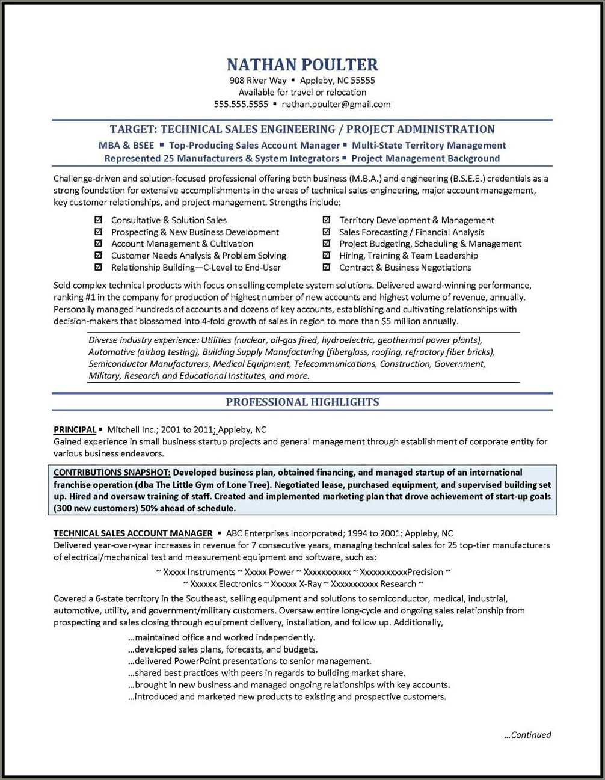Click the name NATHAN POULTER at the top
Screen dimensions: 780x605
(302, 64)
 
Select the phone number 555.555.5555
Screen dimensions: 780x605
(241, 104)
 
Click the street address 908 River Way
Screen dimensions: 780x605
(257, 81)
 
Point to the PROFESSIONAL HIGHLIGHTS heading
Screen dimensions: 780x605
(302, 402)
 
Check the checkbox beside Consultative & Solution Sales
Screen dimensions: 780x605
(98, 220)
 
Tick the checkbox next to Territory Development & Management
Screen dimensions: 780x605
(327, 220)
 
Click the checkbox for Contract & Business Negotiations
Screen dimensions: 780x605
(327, 268)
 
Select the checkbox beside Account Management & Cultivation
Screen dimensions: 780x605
(98, 244)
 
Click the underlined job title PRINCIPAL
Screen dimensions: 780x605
(75, 429)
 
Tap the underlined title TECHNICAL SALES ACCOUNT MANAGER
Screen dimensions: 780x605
(133, 533)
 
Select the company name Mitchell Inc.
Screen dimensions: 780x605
(131, 429)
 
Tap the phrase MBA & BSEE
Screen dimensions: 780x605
(126, 146)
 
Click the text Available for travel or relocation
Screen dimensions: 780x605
(302, 93)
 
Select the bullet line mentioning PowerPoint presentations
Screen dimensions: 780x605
(249, 661)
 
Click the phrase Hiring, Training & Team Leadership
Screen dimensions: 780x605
(408, 256)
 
